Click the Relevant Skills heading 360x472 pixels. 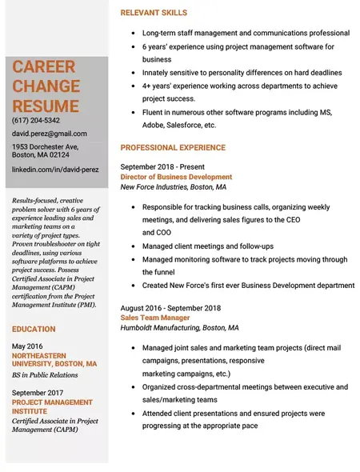154,13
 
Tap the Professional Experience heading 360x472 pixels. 173,148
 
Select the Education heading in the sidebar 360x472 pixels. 34,329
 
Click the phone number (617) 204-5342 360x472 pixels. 36,120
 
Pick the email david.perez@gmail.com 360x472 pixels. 50,134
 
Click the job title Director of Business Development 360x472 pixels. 176,177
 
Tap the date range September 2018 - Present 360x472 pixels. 162,166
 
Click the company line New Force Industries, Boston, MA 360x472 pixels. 173,187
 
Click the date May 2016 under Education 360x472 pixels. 29,346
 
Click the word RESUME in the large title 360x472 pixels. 46,106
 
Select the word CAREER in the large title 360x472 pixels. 44,67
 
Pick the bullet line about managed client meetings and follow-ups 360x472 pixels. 207,246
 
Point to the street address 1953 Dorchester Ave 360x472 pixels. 45,147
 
